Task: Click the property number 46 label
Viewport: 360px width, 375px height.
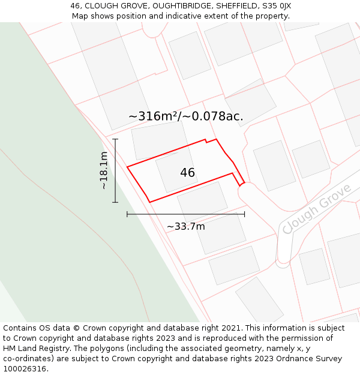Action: (187, 173)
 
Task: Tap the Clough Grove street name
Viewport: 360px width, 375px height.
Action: (316, 209)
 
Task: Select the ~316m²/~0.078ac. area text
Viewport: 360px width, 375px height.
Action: (186, 116)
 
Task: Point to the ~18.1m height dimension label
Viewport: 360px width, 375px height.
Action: (104, 170)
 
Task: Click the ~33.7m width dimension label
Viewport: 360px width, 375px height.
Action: (185, 226)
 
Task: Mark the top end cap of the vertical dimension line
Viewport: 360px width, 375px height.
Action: (115, 139)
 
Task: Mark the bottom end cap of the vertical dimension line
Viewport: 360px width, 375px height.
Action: (115, 202)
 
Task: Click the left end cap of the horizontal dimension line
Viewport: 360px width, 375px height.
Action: (127, 214)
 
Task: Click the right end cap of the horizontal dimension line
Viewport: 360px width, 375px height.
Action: (244, 214)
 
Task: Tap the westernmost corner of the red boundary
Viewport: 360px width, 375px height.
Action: (127, 167)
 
